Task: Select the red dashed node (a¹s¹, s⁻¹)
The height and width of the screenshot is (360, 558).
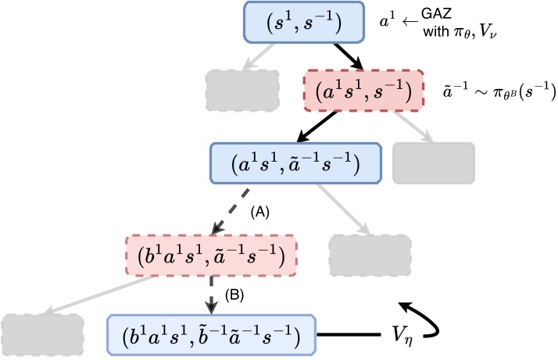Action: [363, 92]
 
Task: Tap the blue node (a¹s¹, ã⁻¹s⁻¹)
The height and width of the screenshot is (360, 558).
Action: [296, 163]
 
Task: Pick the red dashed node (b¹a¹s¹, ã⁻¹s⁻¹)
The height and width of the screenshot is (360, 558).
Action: [205, 253]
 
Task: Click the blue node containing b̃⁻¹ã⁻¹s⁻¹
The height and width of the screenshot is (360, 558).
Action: [212, 335]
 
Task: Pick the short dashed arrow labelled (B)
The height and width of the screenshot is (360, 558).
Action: [210, 294]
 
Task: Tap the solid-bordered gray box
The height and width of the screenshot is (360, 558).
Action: [433, 163]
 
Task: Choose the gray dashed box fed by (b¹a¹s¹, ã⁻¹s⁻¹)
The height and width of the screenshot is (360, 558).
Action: [41, 335]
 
